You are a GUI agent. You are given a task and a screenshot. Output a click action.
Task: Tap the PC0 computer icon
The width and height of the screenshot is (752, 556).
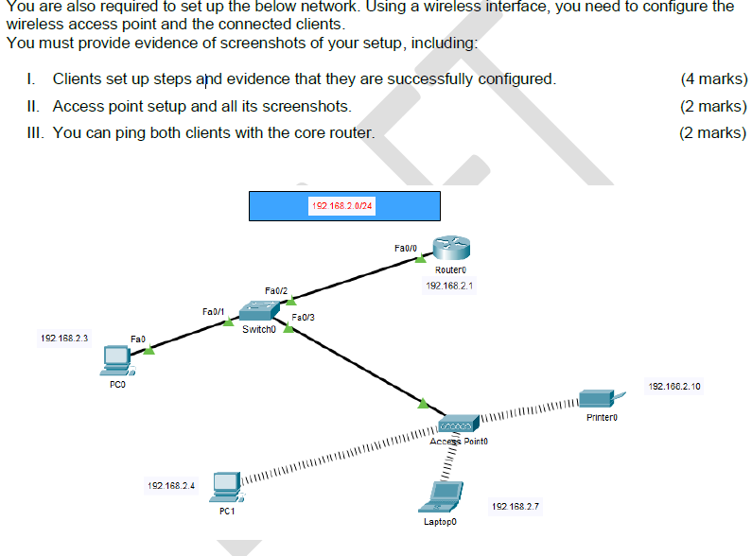(x=117, y=358)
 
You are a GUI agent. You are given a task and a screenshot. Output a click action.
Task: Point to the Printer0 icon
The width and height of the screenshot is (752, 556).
(x=598, y=398)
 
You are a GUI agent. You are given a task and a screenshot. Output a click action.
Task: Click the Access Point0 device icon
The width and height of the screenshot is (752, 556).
(x=459, y=425)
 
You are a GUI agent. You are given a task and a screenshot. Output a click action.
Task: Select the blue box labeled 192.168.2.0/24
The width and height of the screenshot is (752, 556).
(x=344, y=206)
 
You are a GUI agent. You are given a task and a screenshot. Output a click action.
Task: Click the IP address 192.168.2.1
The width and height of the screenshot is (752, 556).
(x=448, y=285)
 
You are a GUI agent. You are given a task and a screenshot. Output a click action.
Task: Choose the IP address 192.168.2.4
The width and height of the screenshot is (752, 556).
(x=170, y=485)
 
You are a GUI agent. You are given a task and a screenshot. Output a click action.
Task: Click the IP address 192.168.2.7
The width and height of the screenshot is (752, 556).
(x=515, y=507)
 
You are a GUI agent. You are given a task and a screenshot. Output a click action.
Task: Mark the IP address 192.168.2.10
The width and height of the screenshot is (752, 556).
(x=673, y=387)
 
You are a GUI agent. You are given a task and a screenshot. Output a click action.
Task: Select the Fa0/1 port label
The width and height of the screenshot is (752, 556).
(x=213, y=310)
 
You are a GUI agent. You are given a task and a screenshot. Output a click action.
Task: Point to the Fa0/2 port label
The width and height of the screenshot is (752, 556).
(x=276, y=290)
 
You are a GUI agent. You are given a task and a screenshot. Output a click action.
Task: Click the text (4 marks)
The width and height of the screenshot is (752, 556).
(x=713, y=79)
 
